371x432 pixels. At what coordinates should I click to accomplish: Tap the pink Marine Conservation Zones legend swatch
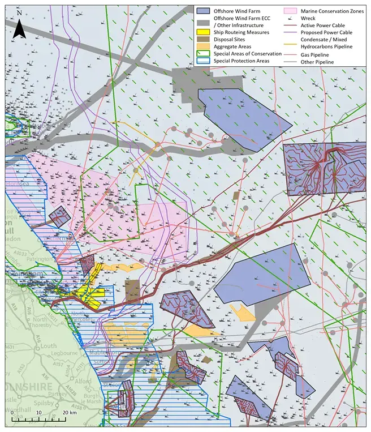click(x=292, y=10)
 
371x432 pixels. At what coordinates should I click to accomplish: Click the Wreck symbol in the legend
click(x=292, y=18)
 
